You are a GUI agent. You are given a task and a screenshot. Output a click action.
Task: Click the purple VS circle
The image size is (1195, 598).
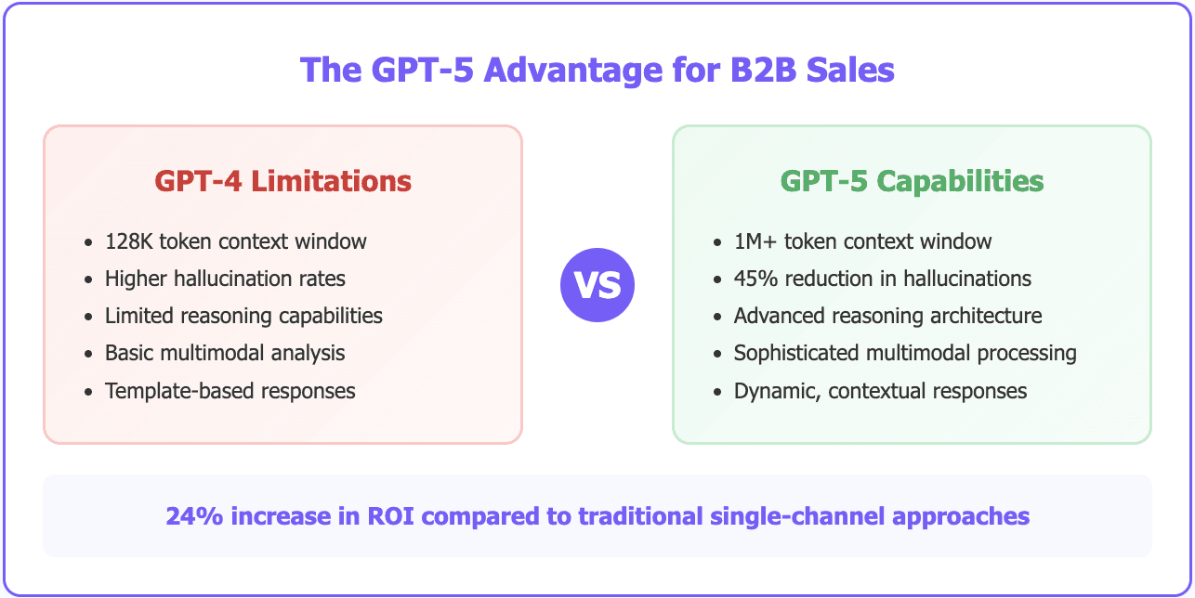(x=597, y=285)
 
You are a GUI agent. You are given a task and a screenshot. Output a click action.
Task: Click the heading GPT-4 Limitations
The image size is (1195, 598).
(x=282, y=180)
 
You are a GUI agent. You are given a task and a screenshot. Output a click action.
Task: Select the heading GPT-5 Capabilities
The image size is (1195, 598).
(x=912, y=180)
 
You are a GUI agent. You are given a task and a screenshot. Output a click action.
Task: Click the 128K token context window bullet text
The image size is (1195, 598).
(x=236, y=241)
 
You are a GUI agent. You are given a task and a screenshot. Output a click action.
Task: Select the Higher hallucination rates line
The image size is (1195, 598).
(x=225, y=279)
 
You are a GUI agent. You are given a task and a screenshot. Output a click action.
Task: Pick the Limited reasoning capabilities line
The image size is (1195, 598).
(x=243, y=316)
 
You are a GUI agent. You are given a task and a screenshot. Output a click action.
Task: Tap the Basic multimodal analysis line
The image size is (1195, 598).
(x=225, y=353)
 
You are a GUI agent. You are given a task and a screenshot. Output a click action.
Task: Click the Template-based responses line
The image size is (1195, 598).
(x=230, y=391)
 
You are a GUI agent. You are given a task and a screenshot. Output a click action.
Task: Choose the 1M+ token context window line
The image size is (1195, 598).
(x=863, y=241)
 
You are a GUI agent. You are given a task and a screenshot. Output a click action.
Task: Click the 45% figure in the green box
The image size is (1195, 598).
(x=754, y=279)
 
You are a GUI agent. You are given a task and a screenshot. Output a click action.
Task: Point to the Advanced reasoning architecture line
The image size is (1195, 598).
(x=888, y=316)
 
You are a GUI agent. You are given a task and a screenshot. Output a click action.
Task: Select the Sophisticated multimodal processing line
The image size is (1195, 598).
(x=905, y=353)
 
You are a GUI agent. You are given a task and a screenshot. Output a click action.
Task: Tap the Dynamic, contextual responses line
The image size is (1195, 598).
(x=881, y=391)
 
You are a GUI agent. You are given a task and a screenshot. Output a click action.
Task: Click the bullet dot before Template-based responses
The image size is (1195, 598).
(x=88, y=392)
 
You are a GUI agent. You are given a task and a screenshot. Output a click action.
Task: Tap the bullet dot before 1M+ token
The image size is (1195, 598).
(x=716, y=242)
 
